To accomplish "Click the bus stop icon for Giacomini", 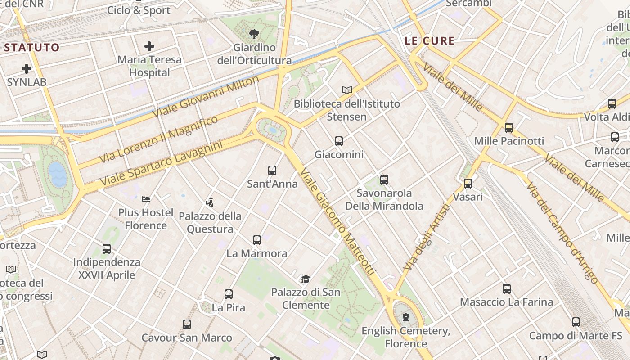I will point(339,141).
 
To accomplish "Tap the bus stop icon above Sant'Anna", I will point(272,171).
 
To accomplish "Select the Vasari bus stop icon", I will point(468,184).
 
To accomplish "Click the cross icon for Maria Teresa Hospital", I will point(149,46).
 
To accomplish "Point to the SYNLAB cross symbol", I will point(27,69).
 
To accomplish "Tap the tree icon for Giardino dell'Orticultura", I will point(254,34).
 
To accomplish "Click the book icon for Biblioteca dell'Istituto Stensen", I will point(346,90).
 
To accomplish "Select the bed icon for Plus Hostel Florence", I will point(145,199).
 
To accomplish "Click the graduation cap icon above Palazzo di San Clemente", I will point(306,279).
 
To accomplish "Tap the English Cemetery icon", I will point(406,318).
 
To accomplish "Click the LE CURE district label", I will point(429,41).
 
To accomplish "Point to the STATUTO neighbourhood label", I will point(31,47).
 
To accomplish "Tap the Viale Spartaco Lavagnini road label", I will point(161,164).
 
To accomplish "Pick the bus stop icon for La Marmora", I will point(257,240).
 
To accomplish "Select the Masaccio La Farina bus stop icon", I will point(507,289).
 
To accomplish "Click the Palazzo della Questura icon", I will point(210,203).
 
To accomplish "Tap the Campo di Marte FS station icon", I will point(576,322).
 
